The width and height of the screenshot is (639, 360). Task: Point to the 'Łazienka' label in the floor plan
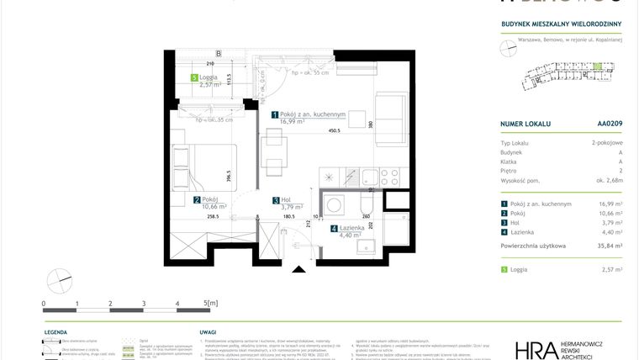pos(352,228)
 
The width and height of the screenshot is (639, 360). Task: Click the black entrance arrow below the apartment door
pos(297,269)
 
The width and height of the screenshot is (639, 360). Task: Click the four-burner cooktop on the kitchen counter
pos(390,177)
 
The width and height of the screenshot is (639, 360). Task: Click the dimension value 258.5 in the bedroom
pos(212,216)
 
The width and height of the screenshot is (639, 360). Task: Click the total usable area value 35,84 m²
pos(610,246)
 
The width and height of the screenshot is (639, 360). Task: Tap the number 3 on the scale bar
pos(144,302)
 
